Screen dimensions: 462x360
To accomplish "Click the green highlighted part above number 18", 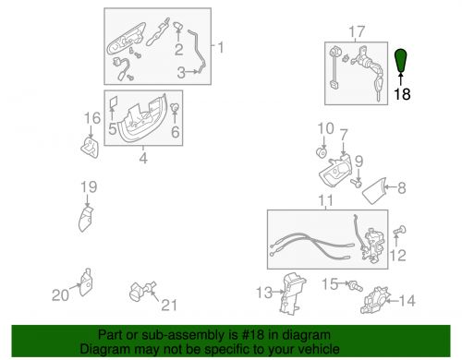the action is point(401,60).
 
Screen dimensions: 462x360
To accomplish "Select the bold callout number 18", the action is point(402,94).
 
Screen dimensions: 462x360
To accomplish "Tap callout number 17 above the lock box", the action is point(357,31).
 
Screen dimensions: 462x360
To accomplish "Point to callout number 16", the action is point(92,118).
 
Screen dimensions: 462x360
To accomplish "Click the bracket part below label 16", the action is point(91,148).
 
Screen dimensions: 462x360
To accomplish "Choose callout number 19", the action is point(89,187).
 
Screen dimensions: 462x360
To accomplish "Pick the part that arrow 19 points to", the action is point(86,219).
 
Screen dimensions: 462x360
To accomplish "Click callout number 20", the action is point(60,295).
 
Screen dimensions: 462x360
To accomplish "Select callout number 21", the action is point(169,305).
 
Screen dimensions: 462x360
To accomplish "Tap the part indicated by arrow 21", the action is point(142,291).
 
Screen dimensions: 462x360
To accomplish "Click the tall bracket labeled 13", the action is point(293,293).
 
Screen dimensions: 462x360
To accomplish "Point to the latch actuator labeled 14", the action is point(375,300).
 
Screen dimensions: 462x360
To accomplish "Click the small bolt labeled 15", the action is point(355,286).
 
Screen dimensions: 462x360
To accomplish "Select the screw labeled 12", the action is point(400,231).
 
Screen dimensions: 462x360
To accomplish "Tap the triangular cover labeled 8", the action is point(375,191).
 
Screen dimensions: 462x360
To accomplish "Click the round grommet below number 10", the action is point(322,152).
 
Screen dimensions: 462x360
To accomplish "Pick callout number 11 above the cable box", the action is point(326,200).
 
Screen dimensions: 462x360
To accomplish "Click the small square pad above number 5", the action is point(114,102).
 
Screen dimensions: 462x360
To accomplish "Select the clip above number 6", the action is point(175,107).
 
